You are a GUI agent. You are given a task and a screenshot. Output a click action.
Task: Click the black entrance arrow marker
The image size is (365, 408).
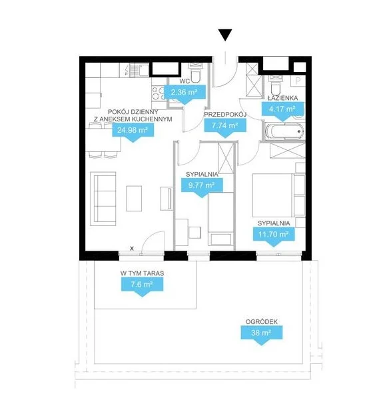[225, 35]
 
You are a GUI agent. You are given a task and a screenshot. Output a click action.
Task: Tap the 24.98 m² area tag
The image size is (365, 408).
[133, 131]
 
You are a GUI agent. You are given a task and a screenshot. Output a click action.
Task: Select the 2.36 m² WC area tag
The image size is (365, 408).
[184, 94]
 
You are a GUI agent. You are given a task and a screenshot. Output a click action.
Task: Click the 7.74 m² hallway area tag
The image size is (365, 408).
[225, 127]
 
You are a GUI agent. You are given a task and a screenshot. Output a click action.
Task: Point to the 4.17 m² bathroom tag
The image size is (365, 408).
[282, 111]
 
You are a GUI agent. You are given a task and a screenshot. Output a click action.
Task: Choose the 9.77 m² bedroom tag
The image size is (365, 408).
[201, 187]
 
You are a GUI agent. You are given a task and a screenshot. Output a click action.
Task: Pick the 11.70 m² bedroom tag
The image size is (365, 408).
[274, 236]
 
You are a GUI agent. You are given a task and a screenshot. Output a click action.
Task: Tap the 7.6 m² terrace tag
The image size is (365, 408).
[142, 286]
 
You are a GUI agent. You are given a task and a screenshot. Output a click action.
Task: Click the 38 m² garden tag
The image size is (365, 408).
[261, 335]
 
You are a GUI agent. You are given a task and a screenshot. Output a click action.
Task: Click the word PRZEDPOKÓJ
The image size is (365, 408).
[225, 115]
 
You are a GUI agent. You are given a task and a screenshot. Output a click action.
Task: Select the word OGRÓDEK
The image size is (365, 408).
[261, 322]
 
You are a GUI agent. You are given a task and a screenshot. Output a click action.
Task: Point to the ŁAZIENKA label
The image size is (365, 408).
[282, 98]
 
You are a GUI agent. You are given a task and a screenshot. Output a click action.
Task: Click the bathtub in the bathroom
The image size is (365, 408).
[284, 131]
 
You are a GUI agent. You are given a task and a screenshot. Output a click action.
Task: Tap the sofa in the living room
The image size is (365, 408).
[103, 199]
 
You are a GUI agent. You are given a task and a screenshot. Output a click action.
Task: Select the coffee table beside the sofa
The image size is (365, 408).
[134, 198]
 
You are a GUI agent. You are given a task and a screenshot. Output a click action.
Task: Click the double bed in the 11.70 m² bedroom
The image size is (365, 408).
[273, 195]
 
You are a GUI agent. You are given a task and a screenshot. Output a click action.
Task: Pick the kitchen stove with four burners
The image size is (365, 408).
[158, 93]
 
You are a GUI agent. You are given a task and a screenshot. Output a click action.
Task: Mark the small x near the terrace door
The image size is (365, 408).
[132, 249]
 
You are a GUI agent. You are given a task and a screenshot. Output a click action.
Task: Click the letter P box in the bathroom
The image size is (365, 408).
[298, 81]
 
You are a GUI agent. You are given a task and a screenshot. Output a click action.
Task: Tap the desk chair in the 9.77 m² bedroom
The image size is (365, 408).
[194, 233]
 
